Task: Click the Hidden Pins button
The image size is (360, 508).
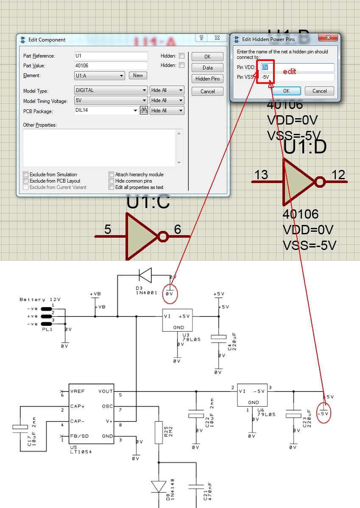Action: (207, 79)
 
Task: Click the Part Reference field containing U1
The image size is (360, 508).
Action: (111, 56)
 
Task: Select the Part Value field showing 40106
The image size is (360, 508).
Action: (111, 66)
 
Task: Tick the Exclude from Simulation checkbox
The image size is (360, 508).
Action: (26, 175)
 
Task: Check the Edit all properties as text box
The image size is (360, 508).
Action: (112, 187)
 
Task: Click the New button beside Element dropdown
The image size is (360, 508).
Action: (138, 75)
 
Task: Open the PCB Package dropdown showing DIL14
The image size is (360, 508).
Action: (135, 111)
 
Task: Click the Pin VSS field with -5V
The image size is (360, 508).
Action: (297, 77)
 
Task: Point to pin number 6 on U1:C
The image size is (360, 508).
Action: (177, 230)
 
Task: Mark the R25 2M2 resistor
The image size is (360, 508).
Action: (159, 432)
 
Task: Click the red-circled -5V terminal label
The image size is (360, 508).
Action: (324, 413)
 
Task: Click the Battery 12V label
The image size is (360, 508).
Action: (40, 300)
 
